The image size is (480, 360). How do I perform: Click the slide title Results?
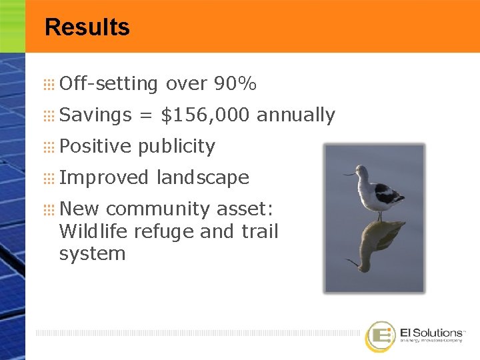[x=87, y=27]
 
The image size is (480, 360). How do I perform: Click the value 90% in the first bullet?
[x=235, y=84]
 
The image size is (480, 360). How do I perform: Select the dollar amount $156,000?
[x=205, y=115]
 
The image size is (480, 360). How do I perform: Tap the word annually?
[x=296, y=115]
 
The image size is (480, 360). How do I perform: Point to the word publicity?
[x=177, y=146]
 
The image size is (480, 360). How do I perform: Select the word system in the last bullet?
[x=92, y=254]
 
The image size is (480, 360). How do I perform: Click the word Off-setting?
[x=109, y=84]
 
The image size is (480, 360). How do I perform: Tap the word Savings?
[x=95, y=115]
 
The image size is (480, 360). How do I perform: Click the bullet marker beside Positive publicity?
[x=49, y=147]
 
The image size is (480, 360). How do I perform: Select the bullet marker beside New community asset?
[x=49, y=209]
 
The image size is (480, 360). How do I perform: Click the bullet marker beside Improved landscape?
[x=49, y=178]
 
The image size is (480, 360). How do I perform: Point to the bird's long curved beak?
[x=351, y=174]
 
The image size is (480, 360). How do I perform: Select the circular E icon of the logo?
[x=381, y=336]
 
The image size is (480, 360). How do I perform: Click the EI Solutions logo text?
[x=431, y=333]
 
